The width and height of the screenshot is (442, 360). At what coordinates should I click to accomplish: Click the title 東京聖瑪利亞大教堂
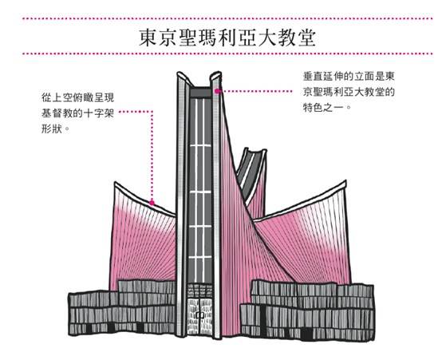point(227,38)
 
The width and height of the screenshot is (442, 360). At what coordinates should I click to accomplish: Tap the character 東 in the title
point(148,38)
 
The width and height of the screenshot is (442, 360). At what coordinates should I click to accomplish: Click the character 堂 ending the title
point(306,38)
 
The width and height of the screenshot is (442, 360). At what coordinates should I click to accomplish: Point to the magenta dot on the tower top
point(217,91)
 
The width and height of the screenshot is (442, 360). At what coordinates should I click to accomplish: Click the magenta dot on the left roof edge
point(152,203)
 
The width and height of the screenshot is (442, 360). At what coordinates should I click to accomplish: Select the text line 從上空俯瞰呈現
point(78,97)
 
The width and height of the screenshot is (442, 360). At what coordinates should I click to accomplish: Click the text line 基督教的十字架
point(78,113)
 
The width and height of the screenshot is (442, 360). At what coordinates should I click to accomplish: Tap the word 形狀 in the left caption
point(52,129)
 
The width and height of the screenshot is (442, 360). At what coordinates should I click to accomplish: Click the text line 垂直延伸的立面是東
point(349,77)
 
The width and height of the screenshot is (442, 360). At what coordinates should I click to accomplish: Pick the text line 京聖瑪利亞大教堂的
point(349,93)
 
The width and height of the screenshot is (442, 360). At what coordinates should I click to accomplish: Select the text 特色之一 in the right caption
point(323,108)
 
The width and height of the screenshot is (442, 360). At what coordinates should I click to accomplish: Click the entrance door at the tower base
point(200,317)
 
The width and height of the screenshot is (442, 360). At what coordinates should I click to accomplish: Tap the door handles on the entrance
point(200,315)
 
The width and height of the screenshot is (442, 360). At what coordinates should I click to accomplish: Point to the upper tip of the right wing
point(345,181)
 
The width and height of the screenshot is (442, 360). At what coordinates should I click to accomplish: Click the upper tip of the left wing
point(116,183)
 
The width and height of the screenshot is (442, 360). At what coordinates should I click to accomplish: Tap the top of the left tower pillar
point(183,75)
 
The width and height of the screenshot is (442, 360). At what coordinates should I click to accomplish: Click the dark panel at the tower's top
point(200,93)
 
